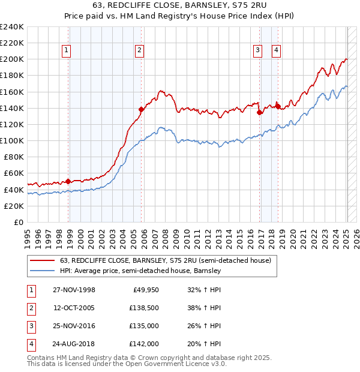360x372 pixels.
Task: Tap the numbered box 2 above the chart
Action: tap(139, 51)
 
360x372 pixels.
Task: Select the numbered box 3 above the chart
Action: tap(257, 51)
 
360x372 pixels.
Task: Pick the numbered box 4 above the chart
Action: tap(276, 51)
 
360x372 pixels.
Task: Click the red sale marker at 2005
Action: tap(142, 109)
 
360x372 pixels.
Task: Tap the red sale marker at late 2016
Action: tap(260, 112)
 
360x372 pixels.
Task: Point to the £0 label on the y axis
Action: tap(19, 222)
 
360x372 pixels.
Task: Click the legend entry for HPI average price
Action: tap(141, 271)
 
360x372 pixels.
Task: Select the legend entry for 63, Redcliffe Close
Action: tap(166, 260)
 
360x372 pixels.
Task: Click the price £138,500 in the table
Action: tap(144, 308)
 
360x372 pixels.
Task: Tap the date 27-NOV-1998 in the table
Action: tap(74, 289)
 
